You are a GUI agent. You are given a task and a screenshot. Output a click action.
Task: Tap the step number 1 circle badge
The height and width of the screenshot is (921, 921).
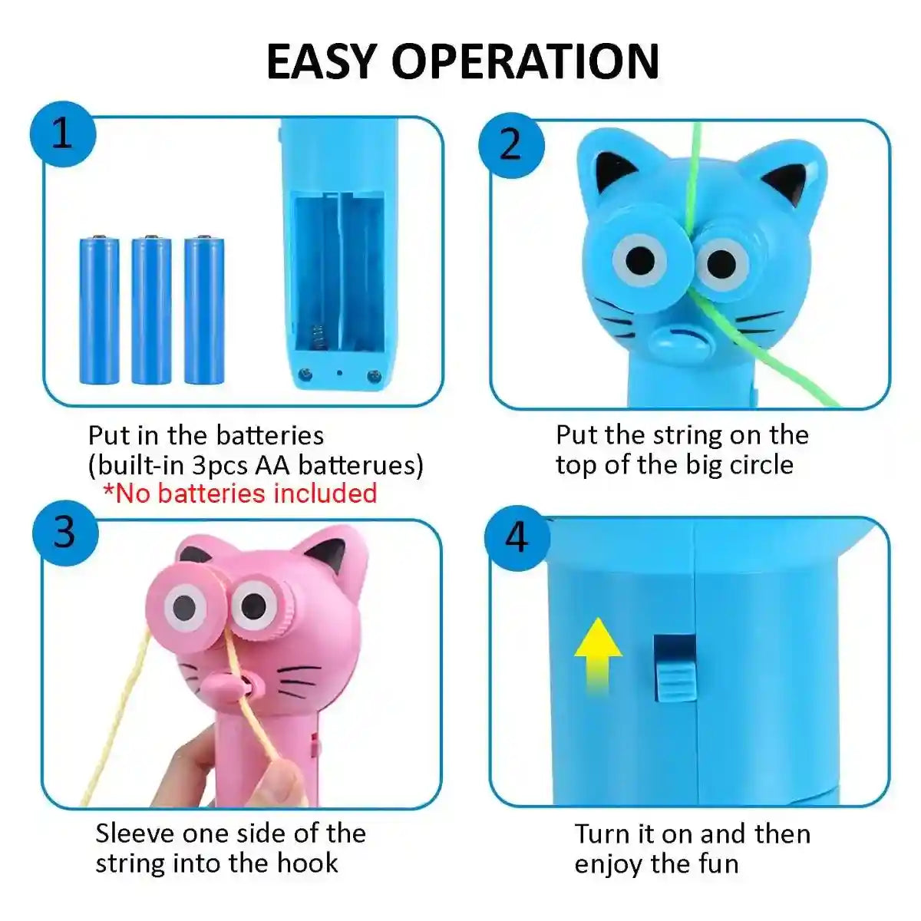click(62, 137)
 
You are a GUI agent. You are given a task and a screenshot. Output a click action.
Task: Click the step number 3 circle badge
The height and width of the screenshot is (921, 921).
click(64, 531)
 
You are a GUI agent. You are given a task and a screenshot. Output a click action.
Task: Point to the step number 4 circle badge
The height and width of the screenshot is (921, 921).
click(517, 537)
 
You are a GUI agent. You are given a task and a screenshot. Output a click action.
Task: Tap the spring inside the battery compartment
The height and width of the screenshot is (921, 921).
click(316, 338)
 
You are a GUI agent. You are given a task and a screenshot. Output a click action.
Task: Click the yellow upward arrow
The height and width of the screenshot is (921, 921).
click(598, 657)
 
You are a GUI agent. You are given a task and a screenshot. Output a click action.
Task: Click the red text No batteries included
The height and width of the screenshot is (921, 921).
click(239, 493)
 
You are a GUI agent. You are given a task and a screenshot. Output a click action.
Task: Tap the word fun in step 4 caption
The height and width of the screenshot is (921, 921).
click(715, 863)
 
